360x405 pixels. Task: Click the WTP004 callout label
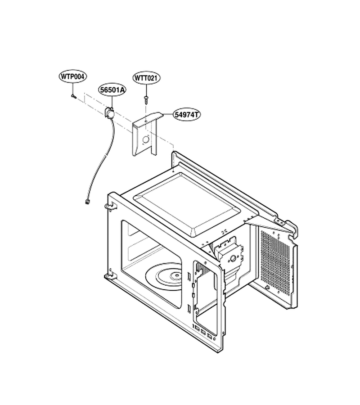pos(72,76)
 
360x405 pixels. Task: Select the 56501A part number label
pos(112,90)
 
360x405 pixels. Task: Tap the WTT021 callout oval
pos(146,78)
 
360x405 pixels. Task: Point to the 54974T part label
pos(186,114)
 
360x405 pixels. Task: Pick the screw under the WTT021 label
pos(146,99)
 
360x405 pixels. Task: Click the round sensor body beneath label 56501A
pos(109,112)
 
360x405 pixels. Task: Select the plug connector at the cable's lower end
pos(87,202)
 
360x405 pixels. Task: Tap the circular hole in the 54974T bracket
pos(146,139)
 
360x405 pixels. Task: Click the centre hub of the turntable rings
pos(176,275)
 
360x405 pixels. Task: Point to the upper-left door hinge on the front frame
pos(110,207)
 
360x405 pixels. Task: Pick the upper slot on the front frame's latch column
pos(189,275)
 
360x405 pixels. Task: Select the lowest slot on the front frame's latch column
pos(189,308)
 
